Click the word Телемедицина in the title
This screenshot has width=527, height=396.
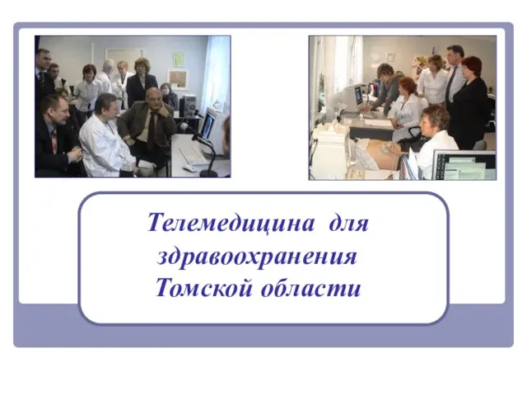pos(231,223)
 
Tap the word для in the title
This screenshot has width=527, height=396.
pos(348,223)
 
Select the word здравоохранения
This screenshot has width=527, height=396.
pos(257,257)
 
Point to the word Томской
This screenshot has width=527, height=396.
pos(203,288)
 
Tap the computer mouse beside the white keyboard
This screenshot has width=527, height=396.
pos(189,168)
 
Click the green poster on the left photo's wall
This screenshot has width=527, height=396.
pos(179,59)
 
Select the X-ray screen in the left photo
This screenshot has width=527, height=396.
pos(208,125)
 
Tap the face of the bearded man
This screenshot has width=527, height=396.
pos(58,111)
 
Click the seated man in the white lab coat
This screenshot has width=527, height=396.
pos(105,138)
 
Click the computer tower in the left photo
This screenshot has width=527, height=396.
pos(189,106)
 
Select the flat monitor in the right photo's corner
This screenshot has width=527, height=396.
pos(464,165)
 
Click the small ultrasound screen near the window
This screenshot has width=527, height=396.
pos(357,95)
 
